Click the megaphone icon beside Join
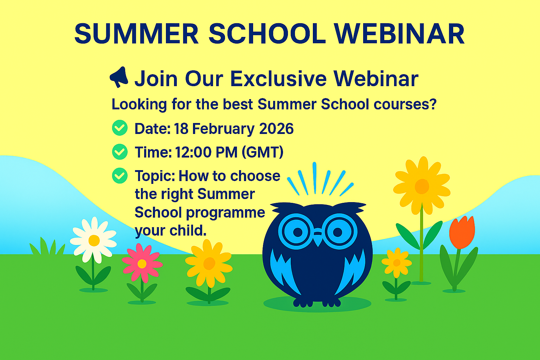119,77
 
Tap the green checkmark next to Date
120,128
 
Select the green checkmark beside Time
120,152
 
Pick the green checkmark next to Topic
120,175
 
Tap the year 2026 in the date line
276,129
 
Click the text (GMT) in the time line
262,152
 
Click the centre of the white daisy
94,240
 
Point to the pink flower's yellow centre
142,264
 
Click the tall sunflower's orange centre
422,186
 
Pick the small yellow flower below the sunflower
397,263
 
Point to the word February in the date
223,129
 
